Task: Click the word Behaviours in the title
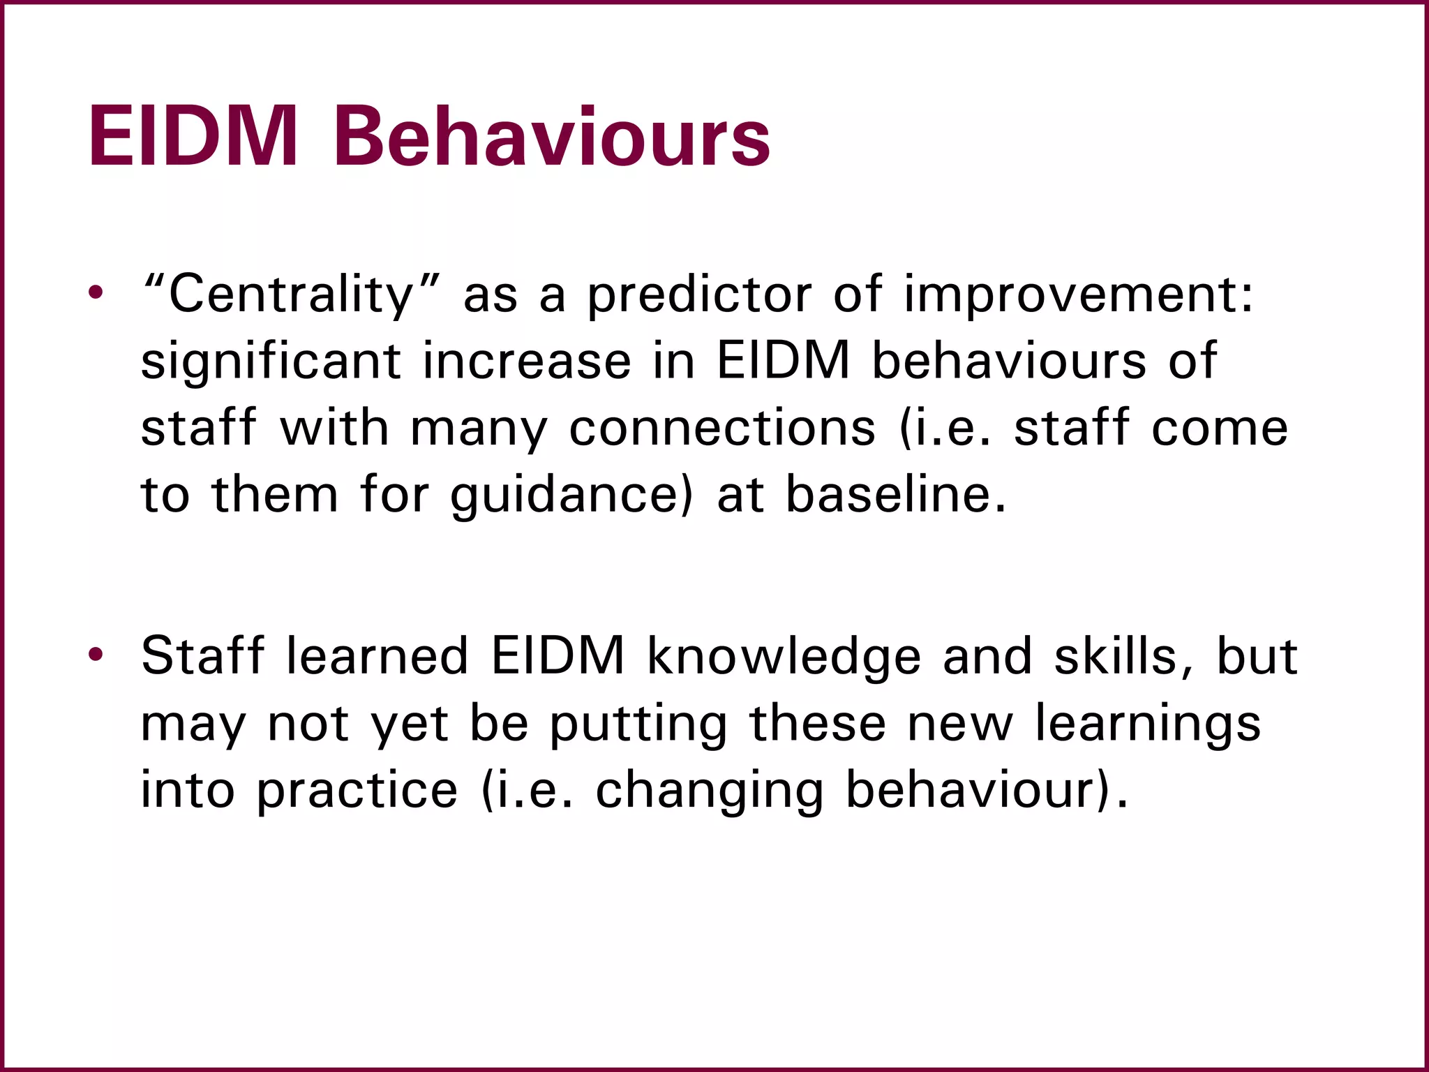(x=551, y=137)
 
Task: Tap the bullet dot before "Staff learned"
(x=96, y=654)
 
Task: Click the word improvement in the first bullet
(x=1078, y=295)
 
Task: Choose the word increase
(x=527, y=362)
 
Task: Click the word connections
(x=722, y=428)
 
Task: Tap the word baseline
(x=897, y=495)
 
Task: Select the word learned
(x=377, y=656)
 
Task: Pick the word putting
(x=638, y=724)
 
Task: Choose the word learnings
(x=1148, y=724)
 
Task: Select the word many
(x=479, y=428)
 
